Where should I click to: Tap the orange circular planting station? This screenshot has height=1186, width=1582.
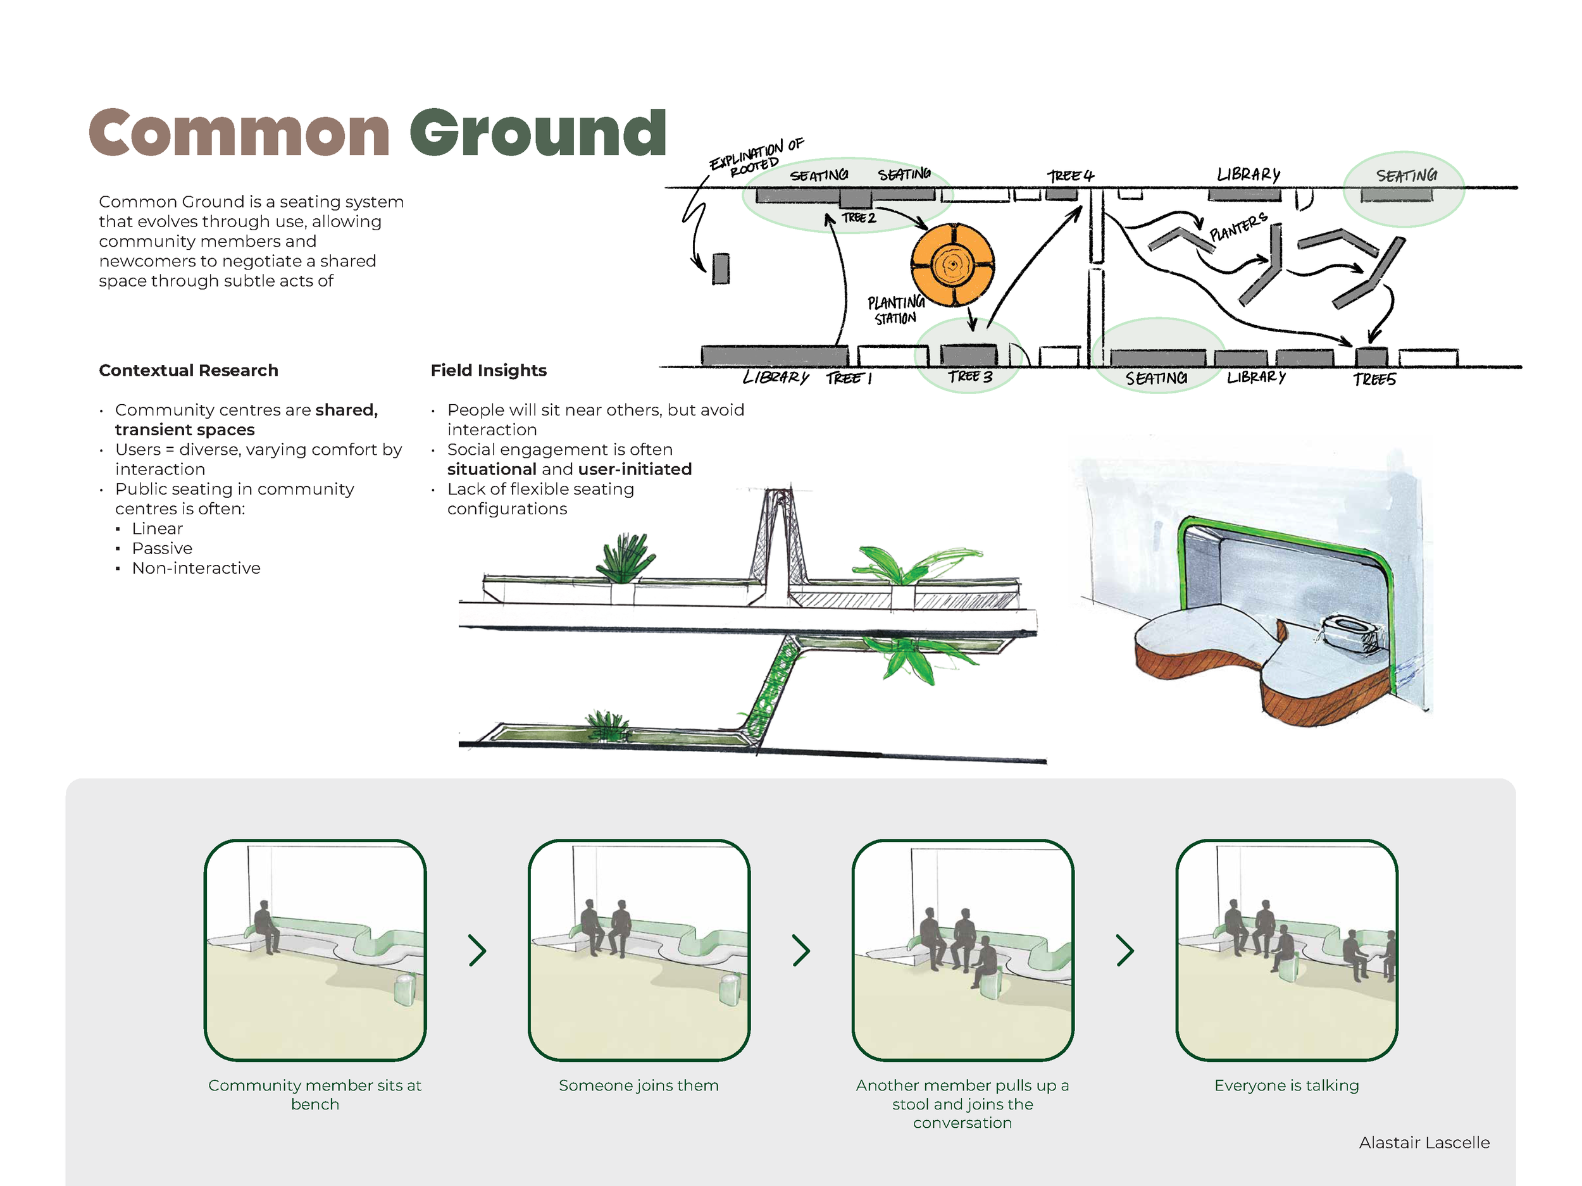click(x=952, y=264)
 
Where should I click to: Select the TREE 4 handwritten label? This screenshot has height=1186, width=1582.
click(x=1071, y=175)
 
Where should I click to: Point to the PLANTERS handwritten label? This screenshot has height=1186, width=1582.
click(x=1238, y=226)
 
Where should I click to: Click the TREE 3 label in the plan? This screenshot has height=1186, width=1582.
click(x=971, y=377)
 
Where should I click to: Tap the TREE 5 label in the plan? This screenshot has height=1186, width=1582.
click(x=1374, y=379)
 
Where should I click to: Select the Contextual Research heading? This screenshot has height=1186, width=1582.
click(x=188, y=370)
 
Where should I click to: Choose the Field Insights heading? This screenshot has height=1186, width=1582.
click(x=489, y=370)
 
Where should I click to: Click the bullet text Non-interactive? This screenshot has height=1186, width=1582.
click(x=196, y=569)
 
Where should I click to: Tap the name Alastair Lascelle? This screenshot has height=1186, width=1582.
click(x=1424, y=1142)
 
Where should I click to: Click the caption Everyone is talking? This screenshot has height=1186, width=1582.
click(x=1286, y=1085)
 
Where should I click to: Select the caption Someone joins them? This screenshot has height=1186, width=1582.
click(x=638, y=1085)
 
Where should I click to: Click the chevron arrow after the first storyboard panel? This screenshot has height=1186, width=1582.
click(x=477, y=951)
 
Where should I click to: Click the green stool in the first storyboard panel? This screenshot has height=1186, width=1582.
click(x=405, y=989)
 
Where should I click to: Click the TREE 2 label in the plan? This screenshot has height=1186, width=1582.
click(x=858, y=218)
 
